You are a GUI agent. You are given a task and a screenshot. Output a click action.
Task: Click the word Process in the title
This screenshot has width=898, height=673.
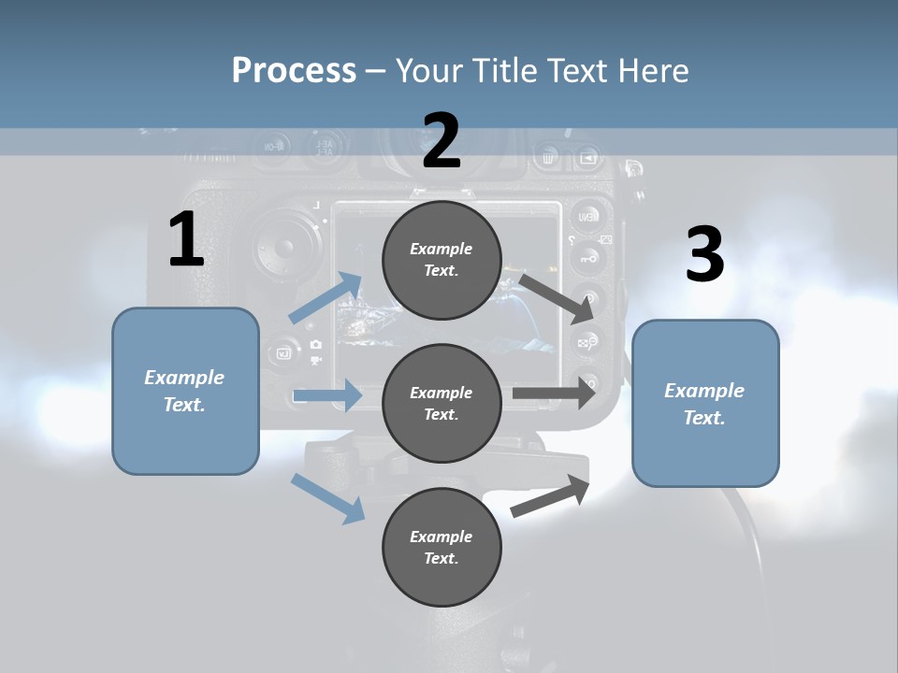pyautogui.click(x=294, y=70)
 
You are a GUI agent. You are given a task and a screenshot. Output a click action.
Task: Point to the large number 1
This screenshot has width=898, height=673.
pyautogui.click(x=186, y=240)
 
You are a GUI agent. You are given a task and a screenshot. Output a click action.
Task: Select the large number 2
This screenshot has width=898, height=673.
pyautogui.click(x=442, y=141)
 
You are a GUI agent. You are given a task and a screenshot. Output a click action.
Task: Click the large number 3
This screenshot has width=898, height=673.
pyautogui.click(x=704, y=255)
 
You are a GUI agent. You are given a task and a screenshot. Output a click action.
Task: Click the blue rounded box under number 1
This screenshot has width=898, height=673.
pyautogui.click(x=185, y=391)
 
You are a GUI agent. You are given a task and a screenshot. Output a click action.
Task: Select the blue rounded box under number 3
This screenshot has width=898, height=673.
pyautogui.click(x=705, y=403)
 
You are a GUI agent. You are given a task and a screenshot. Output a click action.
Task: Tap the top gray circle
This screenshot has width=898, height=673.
pyautogui.click(x=442, y=259)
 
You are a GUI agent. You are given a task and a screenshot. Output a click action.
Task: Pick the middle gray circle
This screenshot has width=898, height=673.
pyautogui.click(x=442, y=403)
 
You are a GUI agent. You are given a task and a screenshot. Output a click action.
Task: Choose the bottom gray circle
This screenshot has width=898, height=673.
pyautogui.click(x=442, y=547)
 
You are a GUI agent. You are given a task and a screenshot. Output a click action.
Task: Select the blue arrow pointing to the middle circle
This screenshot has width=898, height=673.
pyautogui.click(x=327, y=395)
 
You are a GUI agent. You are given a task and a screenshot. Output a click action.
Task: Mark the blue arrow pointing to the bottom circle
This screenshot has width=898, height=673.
pyautogui.click(x=327, y=497)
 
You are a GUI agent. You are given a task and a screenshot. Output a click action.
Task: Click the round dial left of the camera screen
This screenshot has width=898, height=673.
pyautogui.click(x=284, y=248)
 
